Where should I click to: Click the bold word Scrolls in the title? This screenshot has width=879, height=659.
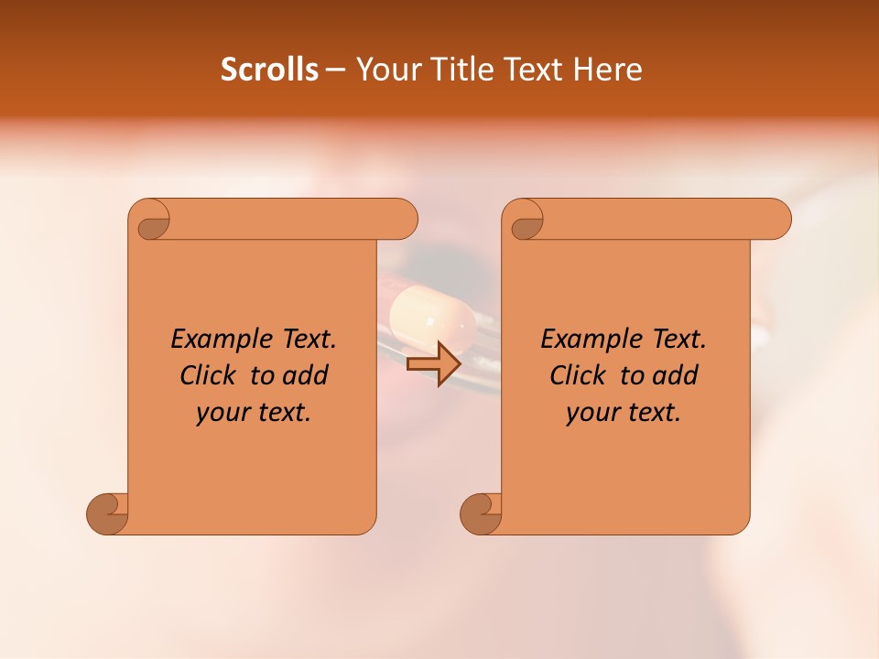tap(269, 70)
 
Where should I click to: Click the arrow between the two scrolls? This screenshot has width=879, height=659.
tap(434, 363)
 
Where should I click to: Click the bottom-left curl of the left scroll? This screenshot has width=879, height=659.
tap(108, 513)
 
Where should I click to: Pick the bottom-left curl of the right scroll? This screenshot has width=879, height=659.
tap(481, 513)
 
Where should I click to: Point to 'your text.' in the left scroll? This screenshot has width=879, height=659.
tap(254, 412)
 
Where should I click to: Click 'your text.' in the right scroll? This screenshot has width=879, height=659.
tap(624, 412)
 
